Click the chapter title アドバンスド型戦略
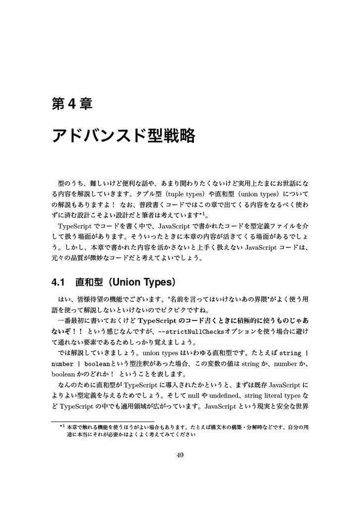(123, 135)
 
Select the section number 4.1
(59, 282)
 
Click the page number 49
(180, 455)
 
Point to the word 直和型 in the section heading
(89, 282)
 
